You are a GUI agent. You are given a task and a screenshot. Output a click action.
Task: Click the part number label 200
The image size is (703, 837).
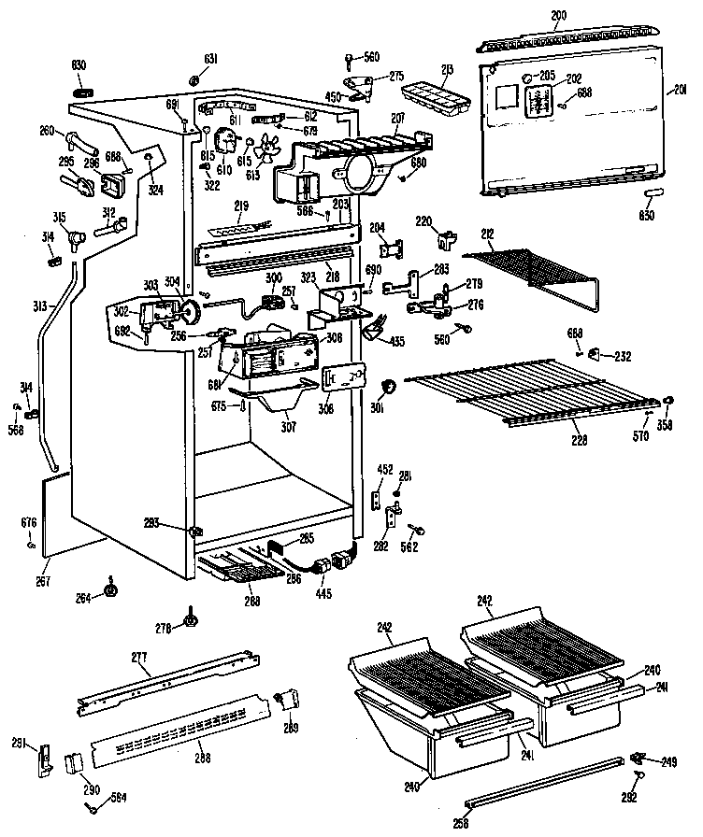pyautogui.click(x=558, y=15)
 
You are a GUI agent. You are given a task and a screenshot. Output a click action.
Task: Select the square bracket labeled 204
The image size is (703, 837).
pyautogui.click(x=391, y=249)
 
